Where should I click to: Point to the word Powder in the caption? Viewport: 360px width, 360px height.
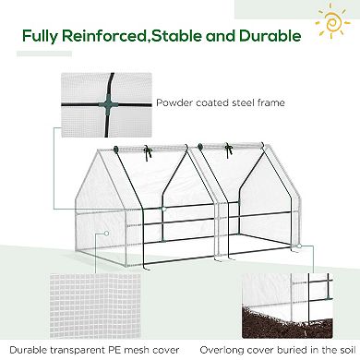[x=174, y=103]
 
